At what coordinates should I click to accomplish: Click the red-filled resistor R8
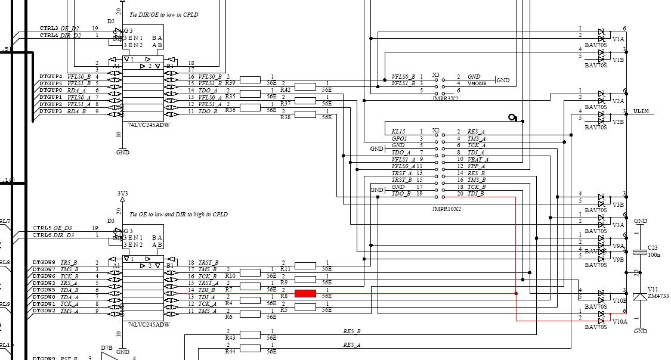point(305,293)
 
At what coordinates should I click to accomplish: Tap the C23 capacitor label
point(653,247)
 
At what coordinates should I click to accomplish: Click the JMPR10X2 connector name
point(447,209)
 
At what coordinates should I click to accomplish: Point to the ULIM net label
point(641,111)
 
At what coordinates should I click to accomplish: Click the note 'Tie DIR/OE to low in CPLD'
point(165,14)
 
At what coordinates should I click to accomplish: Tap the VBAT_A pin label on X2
point(478,160)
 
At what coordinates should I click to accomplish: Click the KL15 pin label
point(398,132)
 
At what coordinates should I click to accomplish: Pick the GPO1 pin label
point(399,139)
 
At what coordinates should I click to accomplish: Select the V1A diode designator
point(617,39)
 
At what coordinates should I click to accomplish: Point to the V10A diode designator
point(619,321)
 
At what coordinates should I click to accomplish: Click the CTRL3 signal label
point(49,28)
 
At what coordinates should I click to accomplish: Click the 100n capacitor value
point(654,255)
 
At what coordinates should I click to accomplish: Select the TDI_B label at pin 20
point(476,194)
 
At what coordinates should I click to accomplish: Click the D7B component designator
point(107,347)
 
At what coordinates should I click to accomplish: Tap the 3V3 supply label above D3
point(122,193)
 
